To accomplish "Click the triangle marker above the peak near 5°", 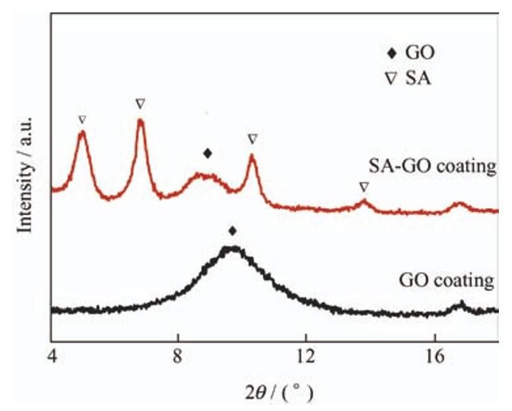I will [82, 120].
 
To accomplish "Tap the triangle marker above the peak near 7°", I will [140, 104].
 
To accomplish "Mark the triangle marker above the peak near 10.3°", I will [252, 139].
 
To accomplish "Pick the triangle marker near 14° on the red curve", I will [364, 187].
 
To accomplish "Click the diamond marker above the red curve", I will [207, 153].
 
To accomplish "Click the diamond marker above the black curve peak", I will [232, 231].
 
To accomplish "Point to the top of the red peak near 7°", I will [140, 121].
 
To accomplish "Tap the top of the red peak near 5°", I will [82, 132].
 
